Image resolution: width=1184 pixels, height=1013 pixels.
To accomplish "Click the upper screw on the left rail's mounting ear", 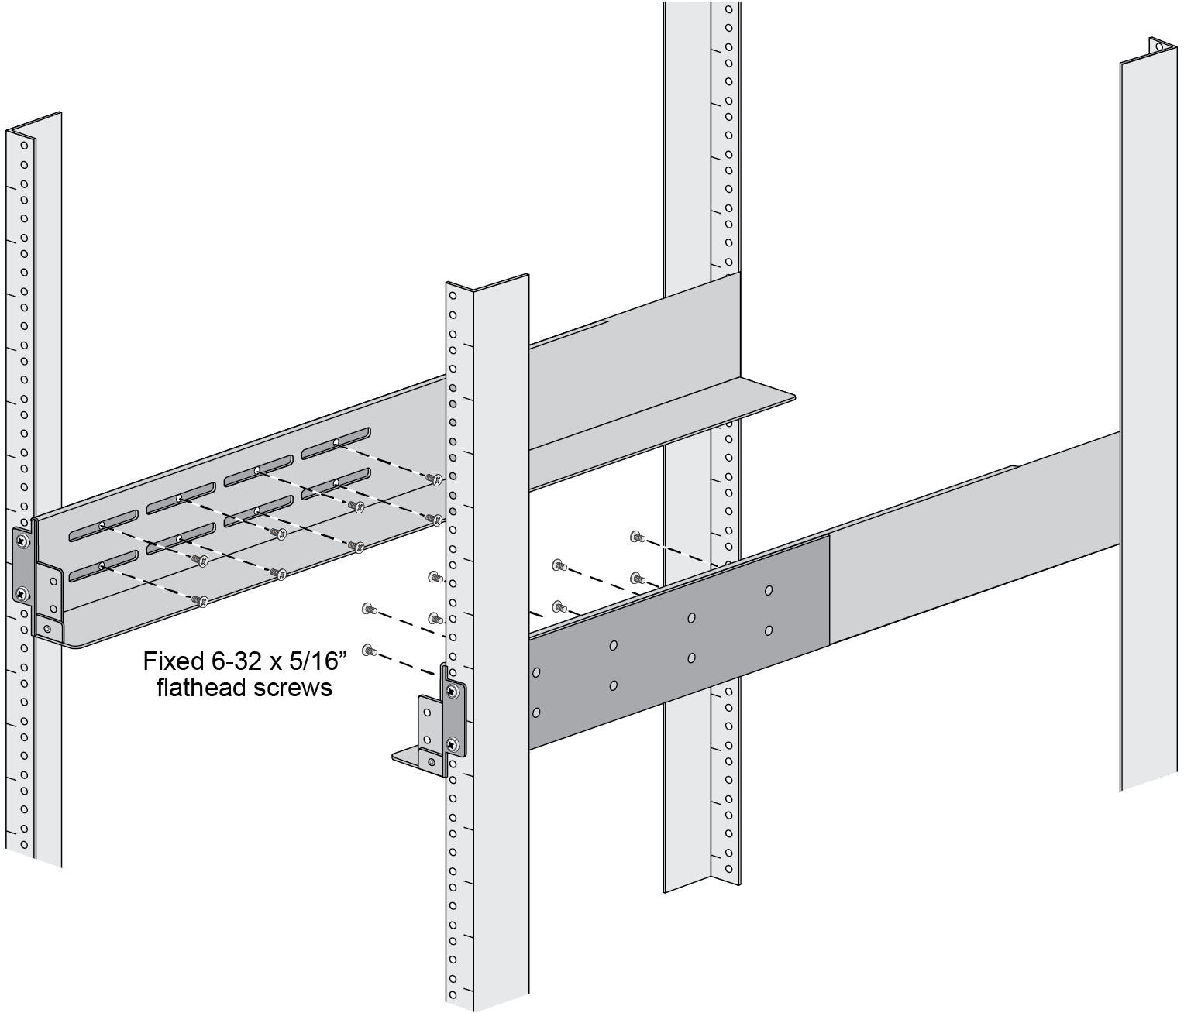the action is tap(22, 540).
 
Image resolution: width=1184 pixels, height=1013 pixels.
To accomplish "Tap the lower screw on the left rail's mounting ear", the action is tap(22, 593).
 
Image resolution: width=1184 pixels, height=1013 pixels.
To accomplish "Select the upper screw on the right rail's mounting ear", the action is tap(453, 691).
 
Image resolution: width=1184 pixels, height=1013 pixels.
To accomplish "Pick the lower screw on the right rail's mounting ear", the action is tap(453, 744).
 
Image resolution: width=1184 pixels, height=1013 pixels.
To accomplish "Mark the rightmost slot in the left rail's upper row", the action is tap(336, 443).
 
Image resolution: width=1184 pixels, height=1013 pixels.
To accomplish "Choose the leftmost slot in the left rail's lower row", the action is tap(103, 566).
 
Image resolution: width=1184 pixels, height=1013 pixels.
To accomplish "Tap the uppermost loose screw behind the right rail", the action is tap(636, 537).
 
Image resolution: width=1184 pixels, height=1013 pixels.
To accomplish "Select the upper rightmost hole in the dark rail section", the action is tap(769, 590).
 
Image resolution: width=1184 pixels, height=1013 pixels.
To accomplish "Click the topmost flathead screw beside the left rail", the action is tap(436, 479).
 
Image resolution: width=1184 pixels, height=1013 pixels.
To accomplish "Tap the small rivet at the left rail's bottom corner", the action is tap(47, 629).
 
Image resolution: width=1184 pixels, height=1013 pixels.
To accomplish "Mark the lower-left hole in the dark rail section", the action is tap(536, 713).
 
